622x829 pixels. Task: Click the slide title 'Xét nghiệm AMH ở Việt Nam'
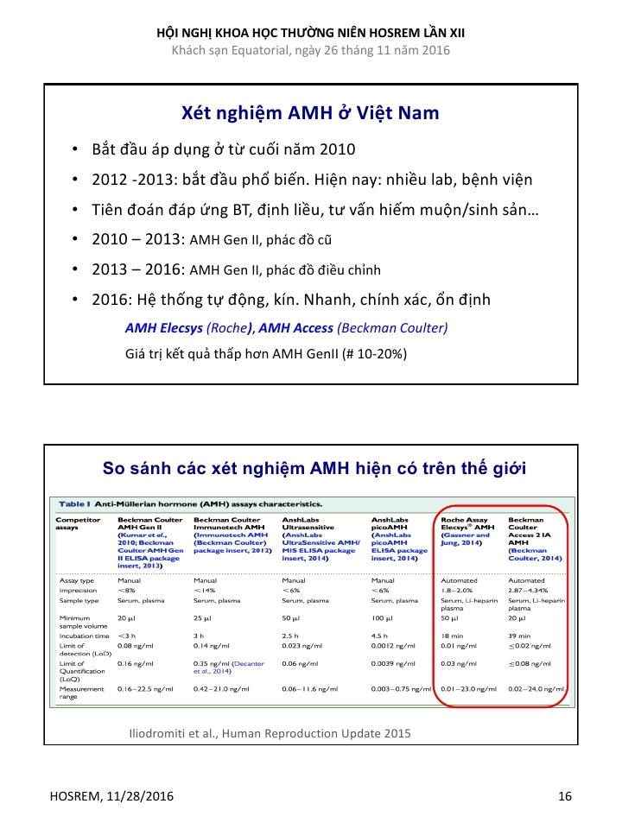pyautogui.click(x=310, y=113)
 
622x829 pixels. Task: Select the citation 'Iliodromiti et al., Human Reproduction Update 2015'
pyautogui.click(x=269, y=733)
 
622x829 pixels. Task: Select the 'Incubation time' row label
pyautogui.click(x=84, y=635)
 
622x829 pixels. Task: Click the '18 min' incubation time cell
pyautogui.click(x=454, y=635)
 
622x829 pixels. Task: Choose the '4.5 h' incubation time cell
pyautogui.click(x=380, y=635)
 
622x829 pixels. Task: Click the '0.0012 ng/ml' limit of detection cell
pyautogui.click(x=395, y=646)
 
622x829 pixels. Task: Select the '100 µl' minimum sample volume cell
pyautogui.click(x=382, y=618)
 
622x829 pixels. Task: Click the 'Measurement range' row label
pyautogui.click(x=81, y=693)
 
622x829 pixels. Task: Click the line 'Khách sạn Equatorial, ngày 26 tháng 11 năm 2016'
pyautogui.click(x=310, y=50)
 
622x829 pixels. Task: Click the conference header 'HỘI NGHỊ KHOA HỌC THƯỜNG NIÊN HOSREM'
pyautogui.click(x=310, y=32)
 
